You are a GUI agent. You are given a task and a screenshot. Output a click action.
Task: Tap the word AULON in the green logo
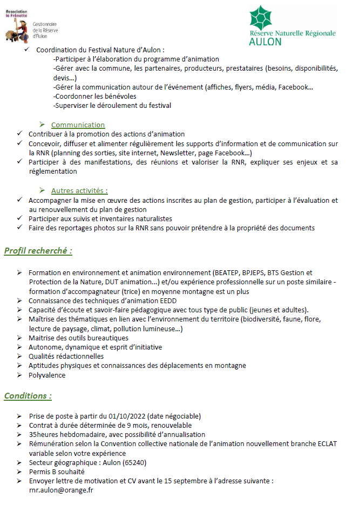click(265, 42)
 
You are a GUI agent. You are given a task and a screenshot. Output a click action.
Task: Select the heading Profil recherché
click(38, 251)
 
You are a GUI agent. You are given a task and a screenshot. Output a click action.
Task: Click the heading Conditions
click(28, 396)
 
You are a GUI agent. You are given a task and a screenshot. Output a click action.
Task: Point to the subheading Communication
click(78, 125)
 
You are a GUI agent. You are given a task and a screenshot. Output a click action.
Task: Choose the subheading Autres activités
click(79, 190)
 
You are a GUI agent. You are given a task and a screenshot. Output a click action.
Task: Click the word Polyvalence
click(47, 375)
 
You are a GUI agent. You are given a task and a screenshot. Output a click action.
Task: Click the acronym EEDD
click(168, 300)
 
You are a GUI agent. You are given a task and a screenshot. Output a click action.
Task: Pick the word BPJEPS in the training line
click(233, 272)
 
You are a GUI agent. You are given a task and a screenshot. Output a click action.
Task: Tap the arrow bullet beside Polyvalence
click(20, 375)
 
